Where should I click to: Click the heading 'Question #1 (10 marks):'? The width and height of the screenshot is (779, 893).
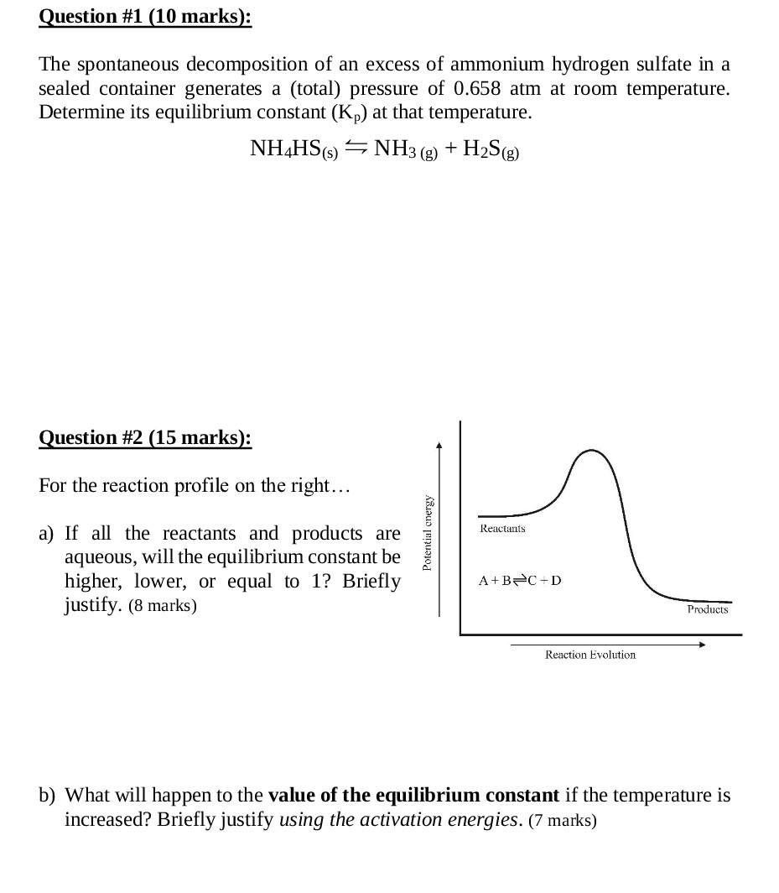click(145, 17)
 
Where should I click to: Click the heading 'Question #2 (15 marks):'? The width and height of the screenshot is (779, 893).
click(145, 437)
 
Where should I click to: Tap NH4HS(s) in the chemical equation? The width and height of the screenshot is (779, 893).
click(293, 149)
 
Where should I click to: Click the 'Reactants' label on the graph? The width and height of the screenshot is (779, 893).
click(502, 528)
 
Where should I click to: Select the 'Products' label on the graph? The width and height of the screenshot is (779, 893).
click(708, 609)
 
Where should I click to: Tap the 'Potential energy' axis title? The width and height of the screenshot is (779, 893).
click(427, 534)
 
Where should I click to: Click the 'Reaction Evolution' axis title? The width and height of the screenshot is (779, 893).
click(590, 655)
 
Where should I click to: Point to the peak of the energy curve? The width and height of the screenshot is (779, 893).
click(592, 451)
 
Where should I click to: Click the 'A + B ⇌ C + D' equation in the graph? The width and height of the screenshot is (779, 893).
click(520, 580)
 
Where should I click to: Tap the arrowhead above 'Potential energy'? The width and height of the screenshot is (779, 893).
click(439, 446)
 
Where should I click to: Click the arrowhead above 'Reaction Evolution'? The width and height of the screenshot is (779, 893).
click(702, 645)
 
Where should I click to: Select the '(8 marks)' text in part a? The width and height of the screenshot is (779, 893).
click(163, 606)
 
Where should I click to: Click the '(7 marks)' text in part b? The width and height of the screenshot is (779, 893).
click(563, 820)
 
